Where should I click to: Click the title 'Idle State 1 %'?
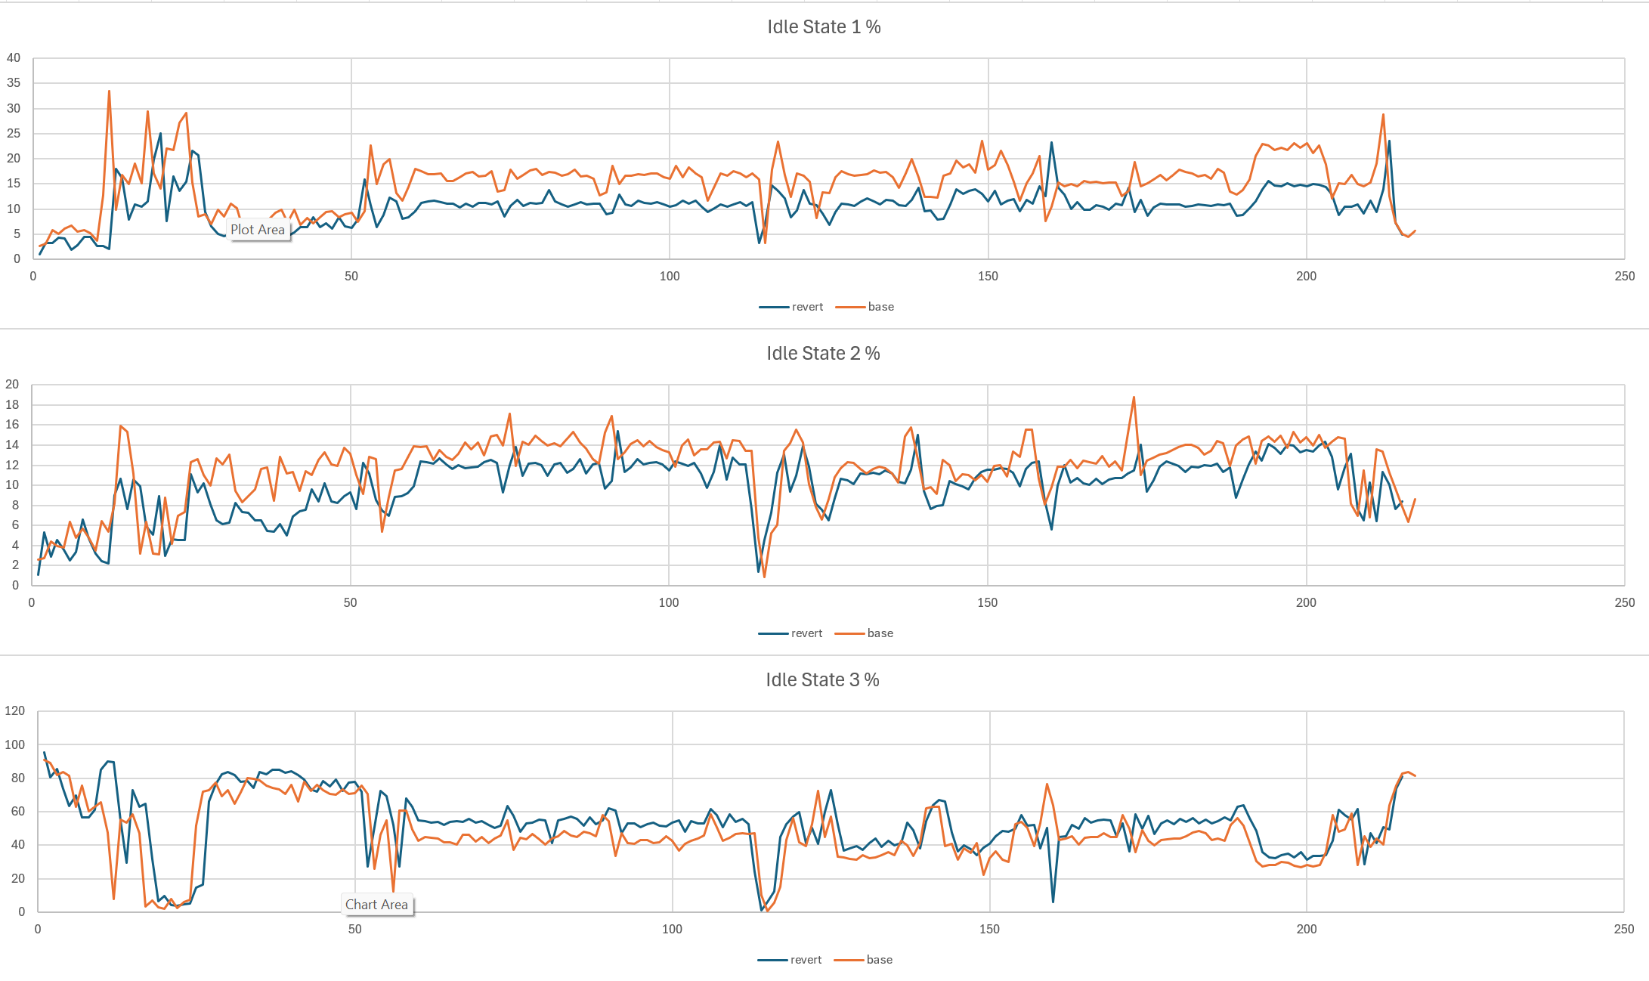pyautogui.click(x=824, y=27)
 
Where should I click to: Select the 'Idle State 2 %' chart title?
pyautogui.click(x=823, y=354)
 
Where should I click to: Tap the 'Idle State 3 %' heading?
pyautogui.click(x=822, y=680)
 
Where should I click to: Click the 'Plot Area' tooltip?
pyautogui.click(x=258, y=230)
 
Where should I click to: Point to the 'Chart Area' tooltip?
pyautogui.click(x=376, y=905)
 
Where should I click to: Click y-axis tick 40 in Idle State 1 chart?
pyautogui.click(x=14, y=58)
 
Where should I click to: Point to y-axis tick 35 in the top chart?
pyautogui.click(x=14, y=83)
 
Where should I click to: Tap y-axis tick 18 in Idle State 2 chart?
pyautogui.click(x=12, y=405)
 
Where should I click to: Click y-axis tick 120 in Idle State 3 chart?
pyautogui.click(x=14, y=711)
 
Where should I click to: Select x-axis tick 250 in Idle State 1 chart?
pyautogui.click(x=1624, y=277)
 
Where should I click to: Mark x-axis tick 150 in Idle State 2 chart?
pyautogui.click(x=987, y=603)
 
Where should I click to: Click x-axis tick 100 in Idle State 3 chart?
pyautogui.click(x=672, y=930)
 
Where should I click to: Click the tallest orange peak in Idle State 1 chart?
pyautogui.click(x=109, y=91)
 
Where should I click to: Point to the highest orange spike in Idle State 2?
pyautogui.click(x=1134, y=398)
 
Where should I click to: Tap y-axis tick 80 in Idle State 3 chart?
pyautogui.click(x=17, y=778)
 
